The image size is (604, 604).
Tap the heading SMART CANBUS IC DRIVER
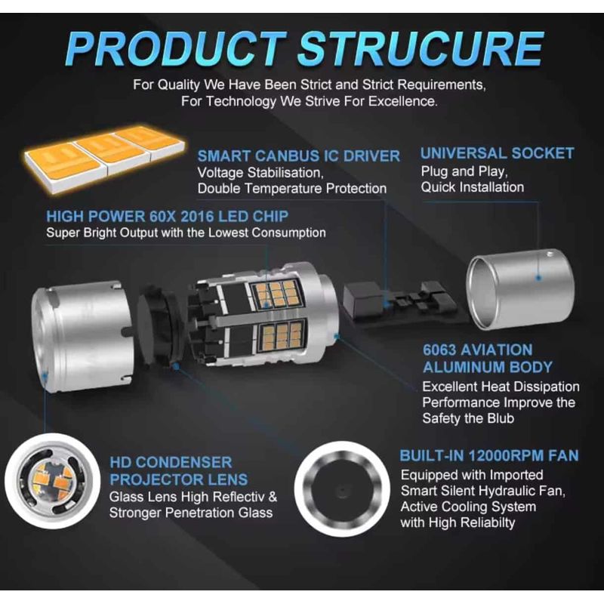pos(298,156)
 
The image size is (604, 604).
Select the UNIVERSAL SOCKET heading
pos(497,153)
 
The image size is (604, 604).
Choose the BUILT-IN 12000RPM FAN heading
pos(488,455)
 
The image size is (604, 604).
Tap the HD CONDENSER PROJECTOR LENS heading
pos(178,470)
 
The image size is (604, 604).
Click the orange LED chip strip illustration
pos(102,150)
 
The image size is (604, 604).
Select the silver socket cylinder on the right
pos(516,291)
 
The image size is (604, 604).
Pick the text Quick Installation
pos(472,187)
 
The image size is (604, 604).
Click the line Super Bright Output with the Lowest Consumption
pos(186,233)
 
